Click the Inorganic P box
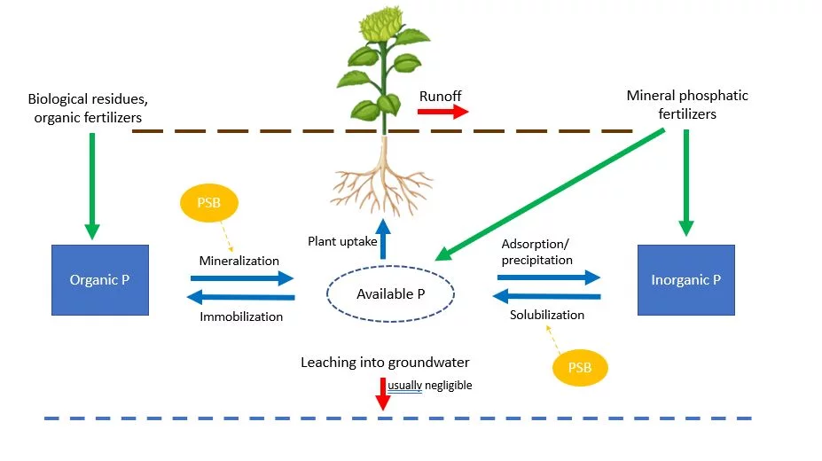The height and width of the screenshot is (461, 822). tap(686, 279)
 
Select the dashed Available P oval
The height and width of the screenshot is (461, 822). tap(390, 294)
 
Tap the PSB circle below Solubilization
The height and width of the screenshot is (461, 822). tap(581, 365)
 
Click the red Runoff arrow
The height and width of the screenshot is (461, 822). tap(443, 112)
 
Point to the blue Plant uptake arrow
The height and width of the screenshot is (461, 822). tap(383, 238)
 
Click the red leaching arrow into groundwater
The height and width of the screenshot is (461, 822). tap(383, 394)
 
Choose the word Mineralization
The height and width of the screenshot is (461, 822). tap(239, 261)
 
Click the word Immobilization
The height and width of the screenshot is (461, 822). tap(241, 316)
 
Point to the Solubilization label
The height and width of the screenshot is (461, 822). tap(547, 315)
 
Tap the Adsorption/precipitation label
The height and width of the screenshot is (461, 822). tap(537, 252)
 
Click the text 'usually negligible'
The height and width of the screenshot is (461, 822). tap(430, 386)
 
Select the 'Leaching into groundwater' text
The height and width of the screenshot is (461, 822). tap(385, 362)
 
